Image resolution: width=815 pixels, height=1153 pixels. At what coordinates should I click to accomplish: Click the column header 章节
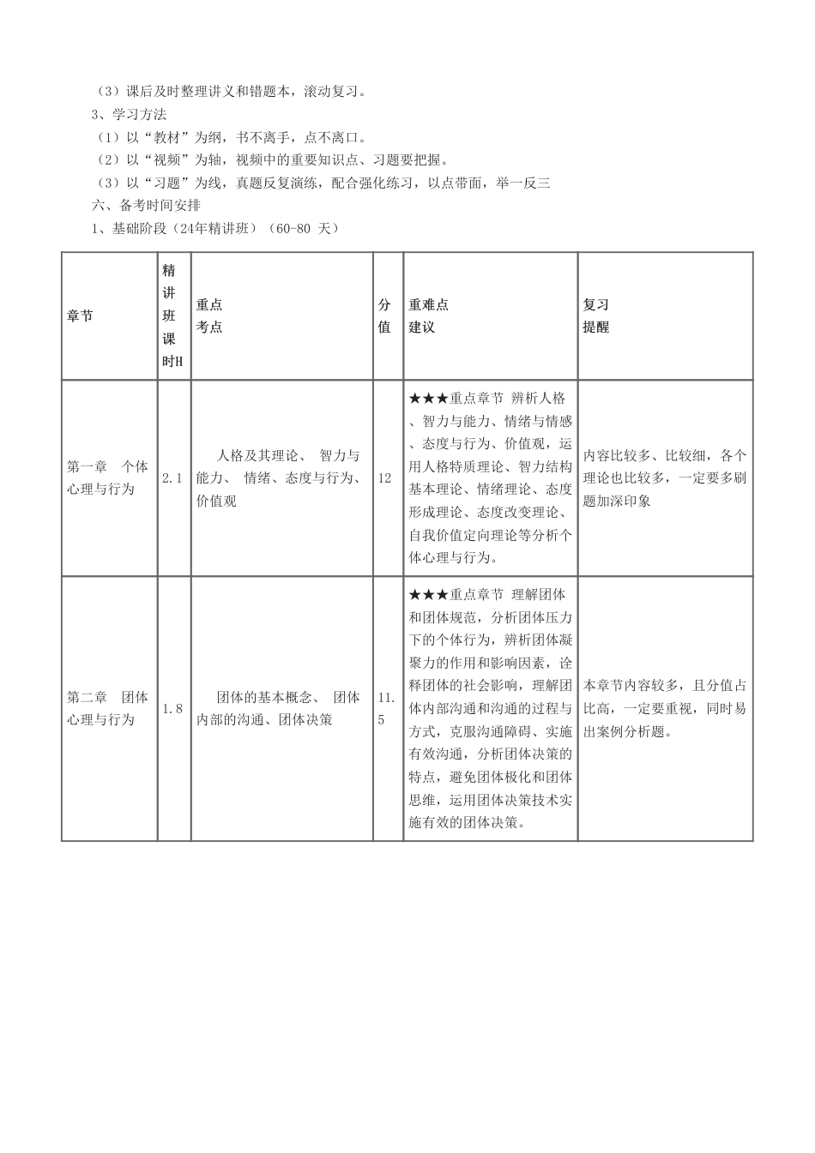pyautogui.click(x=81, y=316)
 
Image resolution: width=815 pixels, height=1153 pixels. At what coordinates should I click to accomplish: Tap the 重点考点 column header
pyautogui.click(x=210, y=316)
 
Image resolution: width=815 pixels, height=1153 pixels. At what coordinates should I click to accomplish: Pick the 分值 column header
pyautogui.click(x=385, y=316)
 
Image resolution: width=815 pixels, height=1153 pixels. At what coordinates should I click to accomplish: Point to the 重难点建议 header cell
pyautogui.click(x=429, y=316)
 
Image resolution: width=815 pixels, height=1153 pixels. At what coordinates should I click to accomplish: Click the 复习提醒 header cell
pyautogui.click(x=596, y=316)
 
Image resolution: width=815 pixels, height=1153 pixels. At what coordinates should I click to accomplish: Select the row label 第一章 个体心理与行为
pyautogui.click(x=107, y=478)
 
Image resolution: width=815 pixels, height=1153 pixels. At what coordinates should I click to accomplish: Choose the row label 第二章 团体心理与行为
pyautogui.click(x=107, y=708)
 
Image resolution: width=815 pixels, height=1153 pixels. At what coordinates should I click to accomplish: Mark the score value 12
pyautogui.click(x=384, y=478)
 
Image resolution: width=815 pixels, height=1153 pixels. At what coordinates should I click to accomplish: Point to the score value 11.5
pyautogui.click(x=386, y=708)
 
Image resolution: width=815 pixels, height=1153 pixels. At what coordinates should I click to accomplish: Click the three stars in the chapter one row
pyautogui.click(x=429, y=399)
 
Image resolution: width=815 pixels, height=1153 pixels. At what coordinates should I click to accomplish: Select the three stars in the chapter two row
pyautogui.click(x=429, y=594)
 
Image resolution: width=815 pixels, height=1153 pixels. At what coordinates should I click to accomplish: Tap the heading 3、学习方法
pyautogui.click(x=129, y=114)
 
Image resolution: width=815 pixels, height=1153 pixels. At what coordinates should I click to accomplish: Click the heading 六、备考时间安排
pyautogui.click(x=147, y=205)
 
